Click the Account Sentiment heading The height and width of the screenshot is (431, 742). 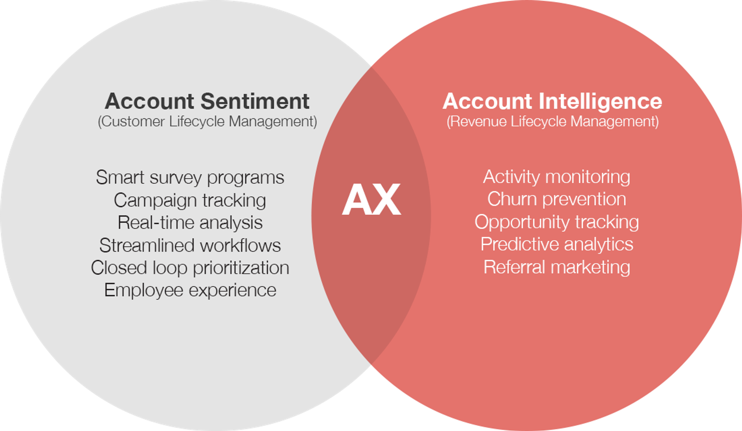point(207,101)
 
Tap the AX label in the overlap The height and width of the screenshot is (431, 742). point(371,200)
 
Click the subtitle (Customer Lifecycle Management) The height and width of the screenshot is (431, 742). point(208,122)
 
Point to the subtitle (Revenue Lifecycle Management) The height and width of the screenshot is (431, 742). point(553,122)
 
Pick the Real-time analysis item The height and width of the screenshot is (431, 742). point(190,223)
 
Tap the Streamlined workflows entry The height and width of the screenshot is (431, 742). point(190,245)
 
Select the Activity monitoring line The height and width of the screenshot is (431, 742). point(556,177)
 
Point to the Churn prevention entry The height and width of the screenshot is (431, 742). point(556,199)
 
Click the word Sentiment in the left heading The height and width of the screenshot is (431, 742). point(255,101)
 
